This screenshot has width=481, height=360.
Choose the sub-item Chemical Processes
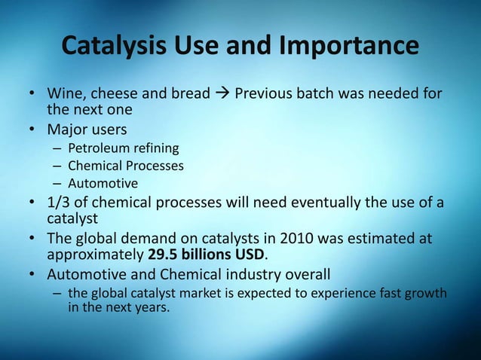(125, 165)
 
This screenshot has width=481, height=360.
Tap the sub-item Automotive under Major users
(103, 182)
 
